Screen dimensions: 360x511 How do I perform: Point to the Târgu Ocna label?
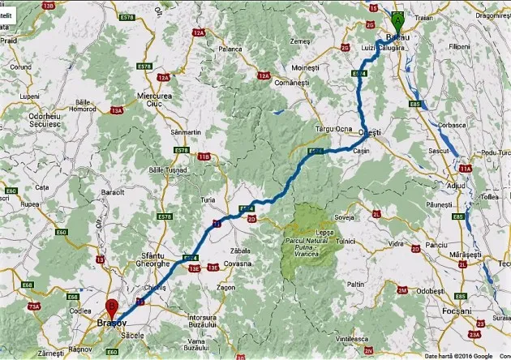click(x=332, y=130)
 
